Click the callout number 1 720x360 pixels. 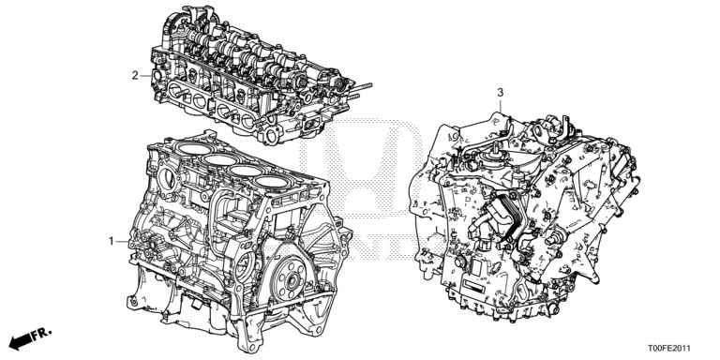coord(111,241)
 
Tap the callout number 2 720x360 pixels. coord(135,76)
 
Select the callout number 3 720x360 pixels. coord(500,92)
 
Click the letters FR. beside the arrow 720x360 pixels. coord(41,333)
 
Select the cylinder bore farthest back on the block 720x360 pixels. coord(272,182)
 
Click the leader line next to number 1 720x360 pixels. coord(122,241)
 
